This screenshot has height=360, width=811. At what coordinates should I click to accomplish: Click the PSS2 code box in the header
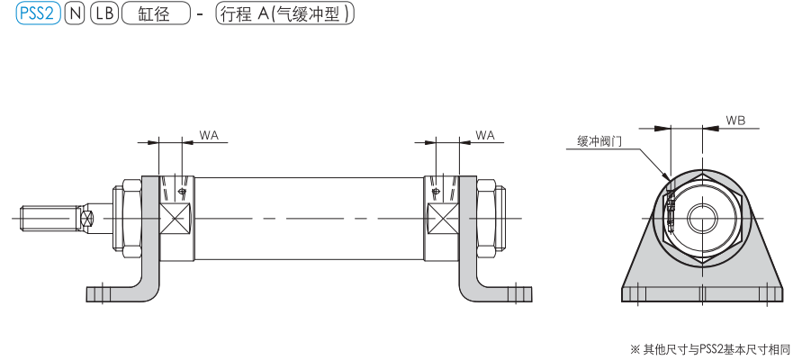[x=38, y=15]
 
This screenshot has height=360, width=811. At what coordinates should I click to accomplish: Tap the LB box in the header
[x=104, y=15]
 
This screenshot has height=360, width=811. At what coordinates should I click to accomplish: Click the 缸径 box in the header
[x=155, y=15]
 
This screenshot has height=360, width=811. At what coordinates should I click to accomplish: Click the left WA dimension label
[x=209, y=135]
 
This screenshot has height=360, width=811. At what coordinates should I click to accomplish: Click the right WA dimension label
[x=484, y=135]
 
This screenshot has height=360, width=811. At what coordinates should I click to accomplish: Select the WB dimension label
[x=735, y=120]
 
